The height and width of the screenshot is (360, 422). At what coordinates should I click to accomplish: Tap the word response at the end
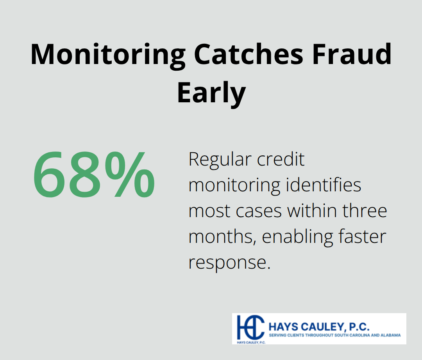coord(229,263)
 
